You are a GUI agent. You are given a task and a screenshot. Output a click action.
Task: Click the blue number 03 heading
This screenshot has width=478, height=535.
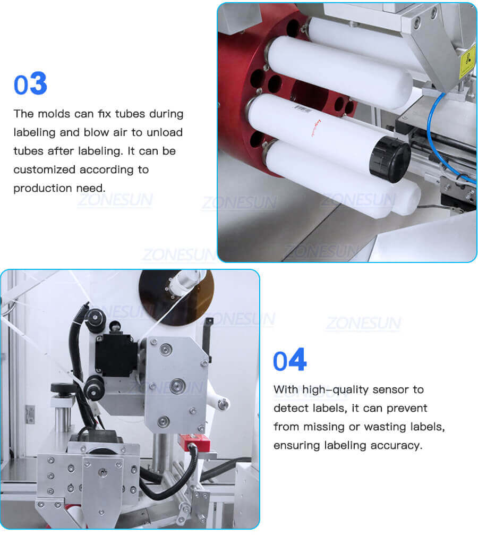point(30,84)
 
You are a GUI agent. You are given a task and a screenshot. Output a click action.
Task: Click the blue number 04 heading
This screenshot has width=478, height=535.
point(289,361)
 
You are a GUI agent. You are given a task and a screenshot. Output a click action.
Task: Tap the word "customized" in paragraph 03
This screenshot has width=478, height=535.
point(45,169)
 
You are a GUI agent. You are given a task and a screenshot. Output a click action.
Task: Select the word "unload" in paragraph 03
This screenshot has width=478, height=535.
point(164,132)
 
